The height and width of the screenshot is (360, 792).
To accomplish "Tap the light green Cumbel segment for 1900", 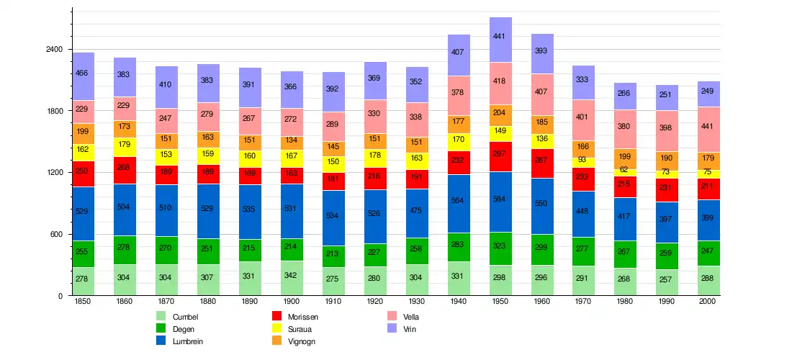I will tap(292, 278).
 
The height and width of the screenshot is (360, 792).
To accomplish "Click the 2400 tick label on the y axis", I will tap(54, 50).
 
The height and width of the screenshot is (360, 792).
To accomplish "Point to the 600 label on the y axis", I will tap(57, 235).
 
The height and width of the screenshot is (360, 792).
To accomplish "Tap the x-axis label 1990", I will tap(667, 302).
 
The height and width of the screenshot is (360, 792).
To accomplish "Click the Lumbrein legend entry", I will tap(188, 341).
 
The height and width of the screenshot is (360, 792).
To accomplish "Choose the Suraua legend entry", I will tap(302, 329).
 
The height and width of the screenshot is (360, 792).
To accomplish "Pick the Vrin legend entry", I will tap(410, 329).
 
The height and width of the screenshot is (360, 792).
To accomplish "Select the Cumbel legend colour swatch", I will tap(161, 317).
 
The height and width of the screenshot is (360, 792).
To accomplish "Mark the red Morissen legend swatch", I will tap(276, 317).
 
